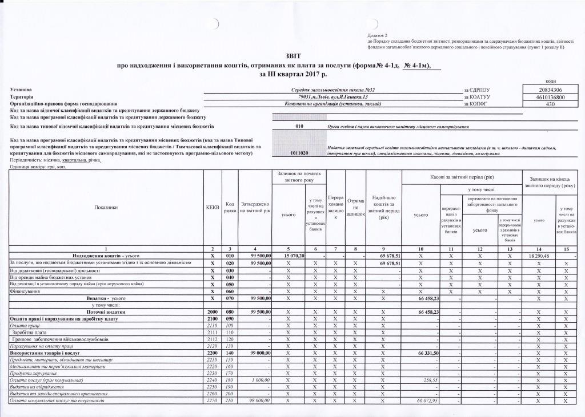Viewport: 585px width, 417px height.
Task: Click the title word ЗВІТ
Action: tap(291, 56)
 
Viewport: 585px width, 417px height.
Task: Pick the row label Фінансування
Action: tap(25, 291)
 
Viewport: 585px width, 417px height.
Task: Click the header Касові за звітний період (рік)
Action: tap(462, 177)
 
